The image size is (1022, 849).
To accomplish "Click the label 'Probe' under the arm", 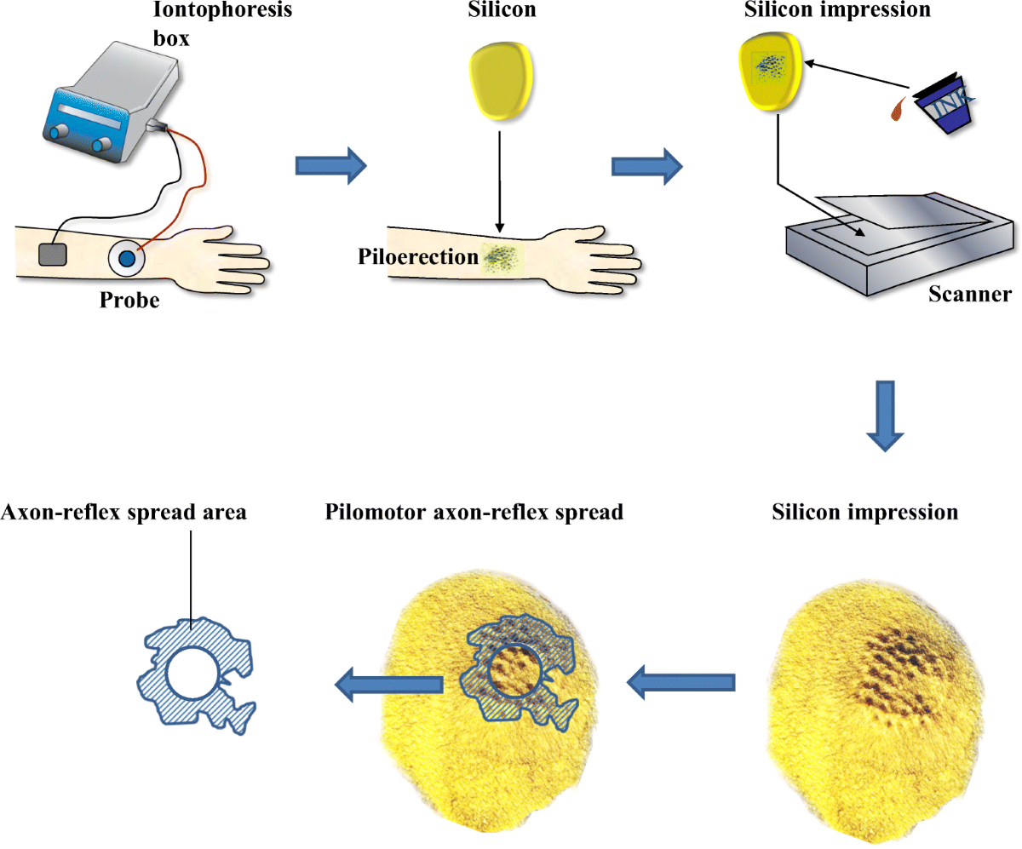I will click(x=128, y=301).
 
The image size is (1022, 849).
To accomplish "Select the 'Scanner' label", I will click(x=968, y=295).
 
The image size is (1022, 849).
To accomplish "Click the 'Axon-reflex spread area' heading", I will click(x=124, y=513).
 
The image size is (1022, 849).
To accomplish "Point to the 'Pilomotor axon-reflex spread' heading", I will click(x=474, y=513).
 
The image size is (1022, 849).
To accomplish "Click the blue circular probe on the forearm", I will click(x=127, y=258).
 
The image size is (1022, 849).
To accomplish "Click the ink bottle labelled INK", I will click(x=940, y=107).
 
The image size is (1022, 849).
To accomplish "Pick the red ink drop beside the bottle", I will click(x=897, y=107).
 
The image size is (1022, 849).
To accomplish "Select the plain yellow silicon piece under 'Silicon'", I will click(x=502, y=82).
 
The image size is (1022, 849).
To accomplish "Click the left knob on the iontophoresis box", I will click(x=60, y=134).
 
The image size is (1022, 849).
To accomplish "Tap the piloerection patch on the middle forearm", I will click(x=502, y=255).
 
